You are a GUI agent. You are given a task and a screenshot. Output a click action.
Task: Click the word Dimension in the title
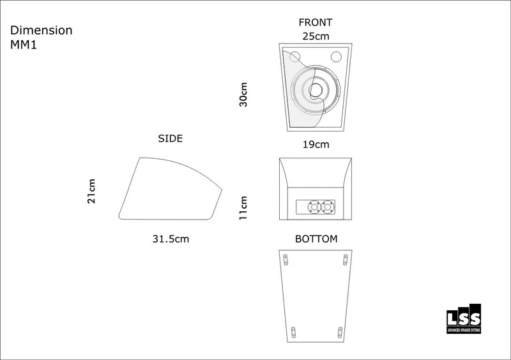(42, 30)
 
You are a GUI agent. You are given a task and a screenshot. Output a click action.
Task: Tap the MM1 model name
(24, 45)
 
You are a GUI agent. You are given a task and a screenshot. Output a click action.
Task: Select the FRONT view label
(316, 22)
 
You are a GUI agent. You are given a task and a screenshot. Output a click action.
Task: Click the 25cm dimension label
(316, 36)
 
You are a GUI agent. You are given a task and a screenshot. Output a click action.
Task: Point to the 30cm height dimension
(243, 94)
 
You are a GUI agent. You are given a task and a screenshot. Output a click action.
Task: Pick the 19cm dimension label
(316, 144)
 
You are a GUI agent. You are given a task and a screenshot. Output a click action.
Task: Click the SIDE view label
(170, 139)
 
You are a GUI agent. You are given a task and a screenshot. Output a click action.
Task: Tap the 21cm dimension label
(91, 191)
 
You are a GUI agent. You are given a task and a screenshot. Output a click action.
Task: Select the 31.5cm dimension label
(171, 239)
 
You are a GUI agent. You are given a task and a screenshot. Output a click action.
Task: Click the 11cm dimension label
(243, 208)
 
